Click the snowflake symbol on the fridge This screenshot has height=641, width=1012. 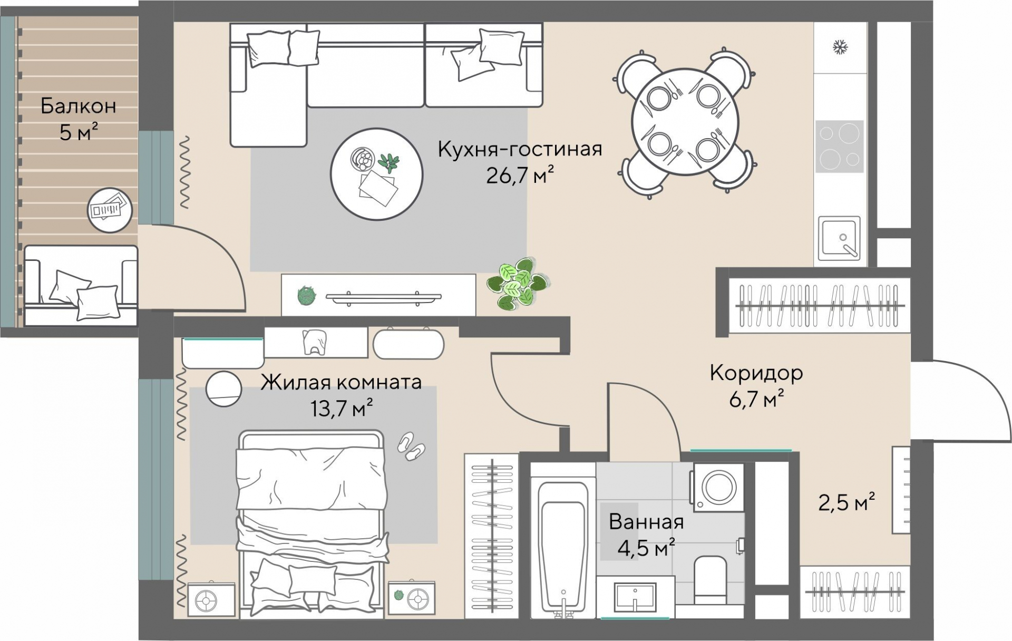[839, 47]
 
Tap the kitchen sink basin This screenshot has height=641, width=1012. [839, 239]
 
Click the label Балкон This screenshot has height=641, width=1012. [79, 106]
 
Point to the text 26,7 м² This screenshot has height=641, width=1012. [520, 175]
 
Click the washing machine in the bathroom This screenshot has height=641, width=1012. [718, 488]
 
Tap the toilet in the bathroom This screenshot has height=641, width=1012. [711, 580]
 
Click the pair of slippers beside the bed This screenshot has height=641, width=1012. [411, 446]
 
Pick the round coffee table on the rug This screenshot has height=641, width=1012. [376, 173]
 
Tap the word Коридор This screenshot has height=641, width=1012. [756, 373]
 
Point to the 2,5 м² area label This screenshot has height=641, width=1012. [846, 502]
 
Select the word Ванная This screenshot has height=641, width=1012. [646, 522]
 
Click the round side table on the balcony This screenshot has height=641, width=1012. [109, 210]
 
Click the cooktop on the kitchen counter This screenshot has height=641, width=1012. [840, 146]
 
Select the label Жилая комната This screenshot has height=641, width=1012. [341, 382]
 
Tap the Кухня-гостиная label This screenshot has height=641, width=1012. [520, 149]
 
